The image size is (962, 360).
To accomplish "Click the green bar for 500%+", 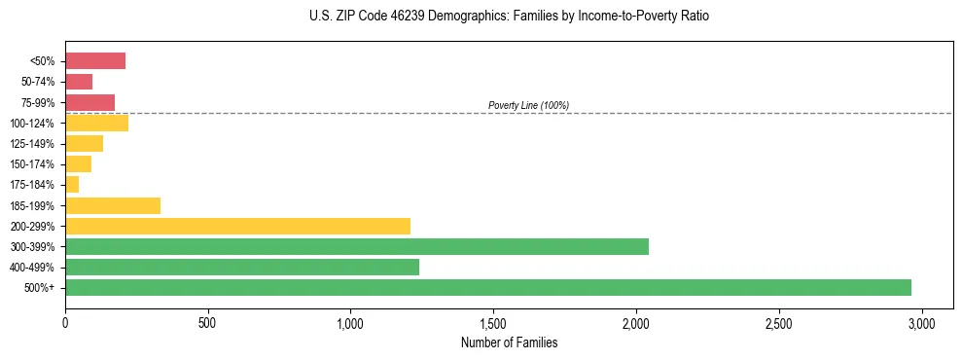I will coord(488,288).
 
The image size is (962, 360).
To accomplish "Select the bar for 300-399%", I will coord(357,247).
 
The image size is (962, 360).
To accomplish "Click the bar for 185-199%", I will coord(113,205).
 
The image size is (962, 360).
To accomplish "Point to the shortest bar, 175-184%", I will coord(72,185).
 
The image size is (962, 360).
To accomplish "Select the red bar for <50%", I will coord(95,61).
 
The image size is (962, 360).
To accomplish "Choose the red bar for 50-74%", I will coord(79,82).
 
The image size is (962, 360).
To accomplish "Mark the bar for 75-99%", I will coord(90,102).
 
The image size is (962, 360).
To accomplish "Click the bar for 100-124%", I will coord(97,124).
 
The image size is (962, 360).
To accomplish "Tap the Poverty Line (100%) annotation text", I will coord(528,105).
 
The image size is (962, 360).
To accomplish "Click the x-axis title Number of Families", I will coord(509,342).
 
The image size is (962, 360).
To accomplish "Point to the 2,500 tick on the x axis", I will coord(778,323).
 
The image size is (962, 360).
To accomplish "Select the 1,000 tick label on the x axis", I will coord(350,323).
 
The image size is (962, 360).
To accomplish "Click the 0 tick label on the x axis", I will coord(65,323).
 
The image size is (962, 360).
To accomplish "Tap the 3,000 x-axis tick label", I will coord(921,323).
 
